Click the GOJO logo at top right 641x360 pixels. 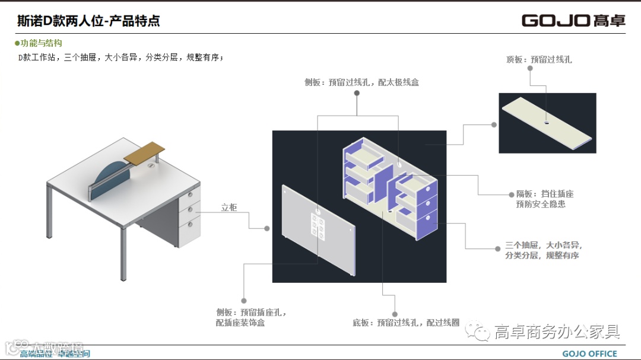pyautogui.click(x=573, y=20)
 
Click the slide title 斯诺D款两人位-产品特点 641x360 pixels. pyautogui.click(x=88, y=21)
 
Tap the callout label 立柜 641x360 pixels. pyautogui.click(x=229, y=208)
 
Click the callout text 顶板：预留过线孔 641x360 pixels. pyautogui.click(x=539, y=59)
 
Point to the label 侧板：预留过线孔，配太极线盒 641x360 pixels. pyautogui.click(x=361, y=82)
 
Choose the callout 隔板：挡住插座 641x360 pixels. pyautogui.click(x=544, y=194)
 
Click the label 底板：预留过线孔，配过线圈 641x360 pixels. pyautogui.click(x=406, y=323)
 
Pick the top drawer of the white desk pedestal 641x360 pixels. pyautogui.click(x=189, y=195)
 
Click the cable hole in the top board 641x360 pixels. pyautogui.click(x=545, y=123)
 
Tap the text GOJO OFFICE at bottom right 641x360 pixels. pyautogui.click(x=589, y=354)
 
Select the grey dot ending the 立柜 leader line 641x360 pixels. pyautogui.click(x=267, y=228)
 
